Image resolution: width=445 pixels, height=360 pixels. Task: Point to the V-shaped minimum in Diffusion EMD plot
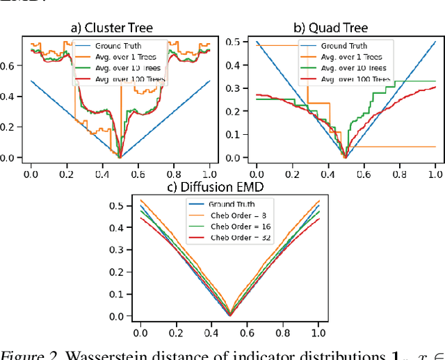point(229,315)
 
